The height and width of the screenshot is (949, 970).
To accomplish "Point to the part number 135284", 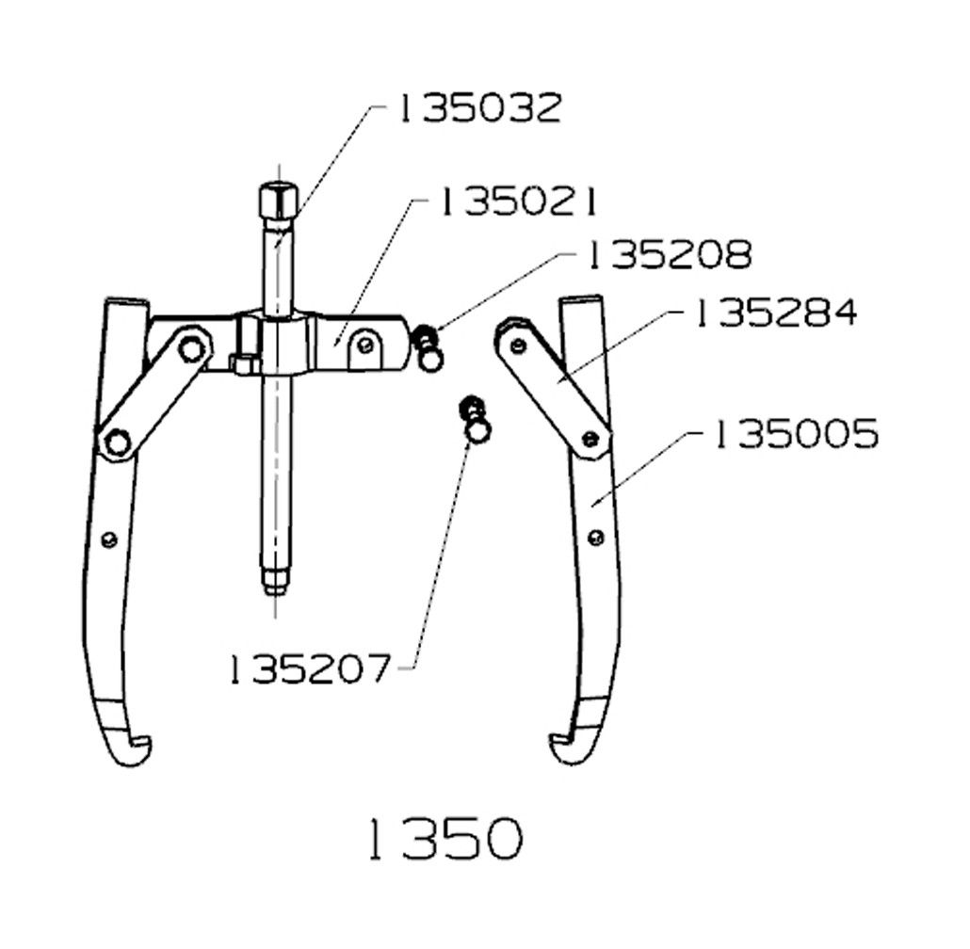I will pos(776,314).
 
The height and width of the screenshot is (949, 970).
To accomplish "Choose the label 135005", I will pos(796,435).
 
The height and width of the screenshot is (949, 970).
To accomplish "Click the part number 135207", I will pos(309,669).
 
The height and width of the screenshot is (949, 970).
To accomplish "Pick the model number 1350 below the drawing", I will pos(443,838).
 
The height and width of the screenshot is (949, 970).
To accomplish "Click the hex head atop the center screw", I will pos(277,201).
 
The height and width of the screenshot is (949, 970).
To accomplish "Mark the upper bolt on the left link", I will pos(193,348).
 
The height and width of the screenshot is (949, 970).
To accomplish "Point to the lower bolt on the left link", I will pos(117,442).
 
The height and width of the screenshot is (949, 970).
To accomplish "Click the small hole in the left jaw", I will pos(109,539).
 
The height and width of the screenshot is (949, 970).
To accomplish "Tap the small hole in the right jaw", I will pos(595,538).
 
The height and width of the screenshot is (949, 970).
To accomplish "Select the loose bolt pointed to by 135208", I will pos(429,348).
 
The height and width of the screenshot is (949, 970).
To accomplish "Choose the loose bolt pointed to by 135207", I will pos(477,422).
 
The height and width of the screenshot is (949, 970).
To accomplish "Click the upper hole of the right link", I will pos(517,346).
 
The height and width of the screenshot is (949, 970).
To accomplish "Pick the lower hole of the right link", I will pos(590,439).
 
